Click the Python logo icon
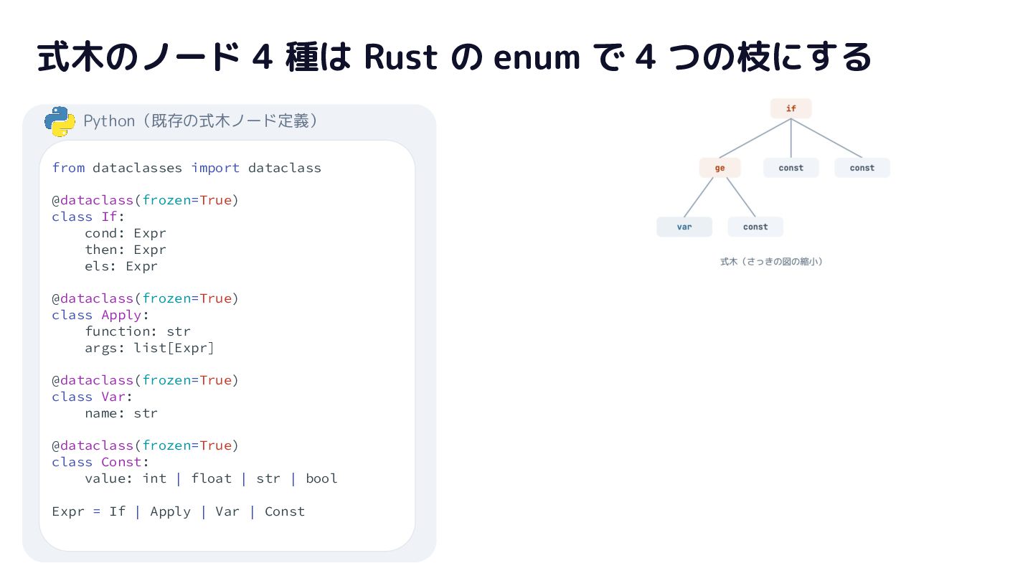60,121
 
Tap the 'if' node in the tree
791,108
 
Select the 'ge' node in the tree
720,168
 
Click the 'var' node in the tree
684,227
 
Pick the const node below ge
755,227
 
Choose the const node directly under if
791,168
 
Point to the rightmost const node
862,168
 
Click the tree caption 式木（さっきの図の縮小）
772,262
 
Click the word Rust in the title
400,57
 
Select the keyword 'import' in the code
215,168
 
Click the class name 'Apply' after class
121,316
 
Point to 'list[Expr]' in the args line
174,348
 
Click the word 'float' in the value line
212,478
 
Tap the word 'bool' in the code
321,478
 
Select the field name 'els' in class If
97,267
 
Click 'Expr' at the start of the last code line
68,512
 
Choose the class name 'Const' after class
121,463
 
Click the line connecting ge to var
699,197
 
